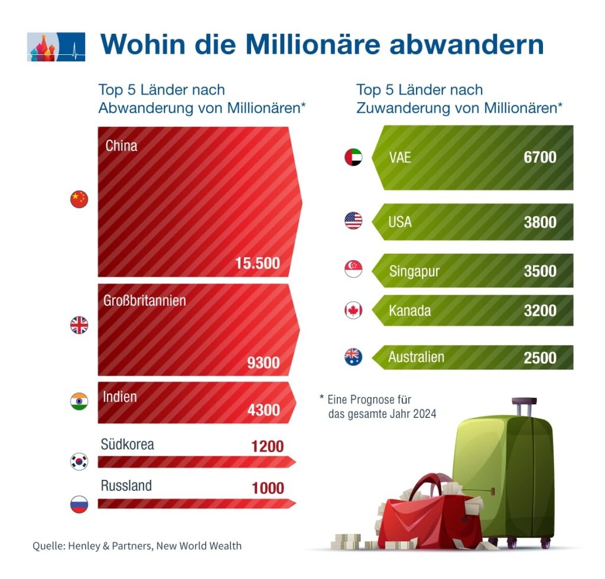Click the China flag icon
79,199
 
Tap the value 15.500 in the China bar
257,263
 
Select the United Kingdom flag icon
79,325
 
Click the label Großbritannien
145,300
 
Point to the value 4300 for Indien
264,409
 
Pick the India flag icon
79,401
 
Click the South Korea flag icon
79,461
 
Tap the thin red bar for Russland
195,503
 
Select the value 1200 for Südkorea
268,446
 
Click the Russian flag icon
79,504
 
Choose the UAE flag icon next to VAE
353,157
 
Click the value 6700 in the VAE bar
540,157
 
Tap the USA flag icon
353,221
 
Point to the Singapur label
415,271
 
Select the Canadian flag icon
353,310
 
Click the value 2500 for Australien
540,358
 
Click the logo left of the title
56,47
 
